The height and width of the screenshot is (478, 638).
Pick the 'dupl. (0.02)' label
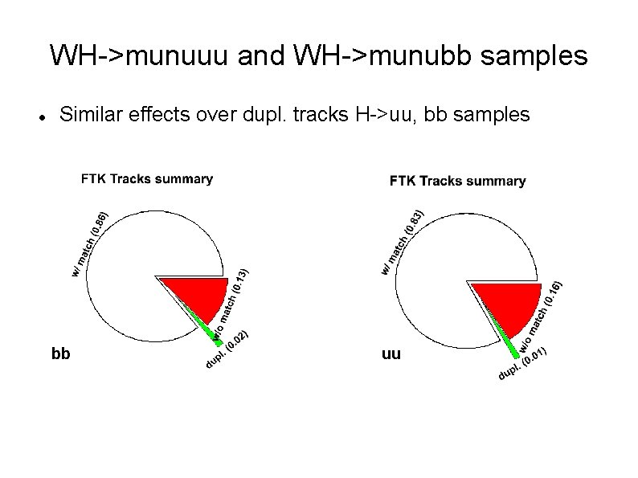point(227,350)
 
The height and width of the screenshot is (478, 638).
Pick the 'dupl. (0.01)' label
point(523,362)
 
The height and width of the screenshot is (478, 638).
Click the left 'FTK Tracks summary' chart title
point(147,179)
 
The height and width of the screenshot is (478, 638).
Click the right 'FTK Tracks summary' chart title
point(457,182)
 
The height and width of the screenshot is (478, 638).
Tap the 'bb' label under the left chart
point(60,353)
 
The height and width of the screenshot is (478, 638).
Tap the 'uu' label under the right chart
point(391,354)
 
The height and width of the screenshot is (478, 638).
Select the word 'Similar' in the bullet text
point(89,115)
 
